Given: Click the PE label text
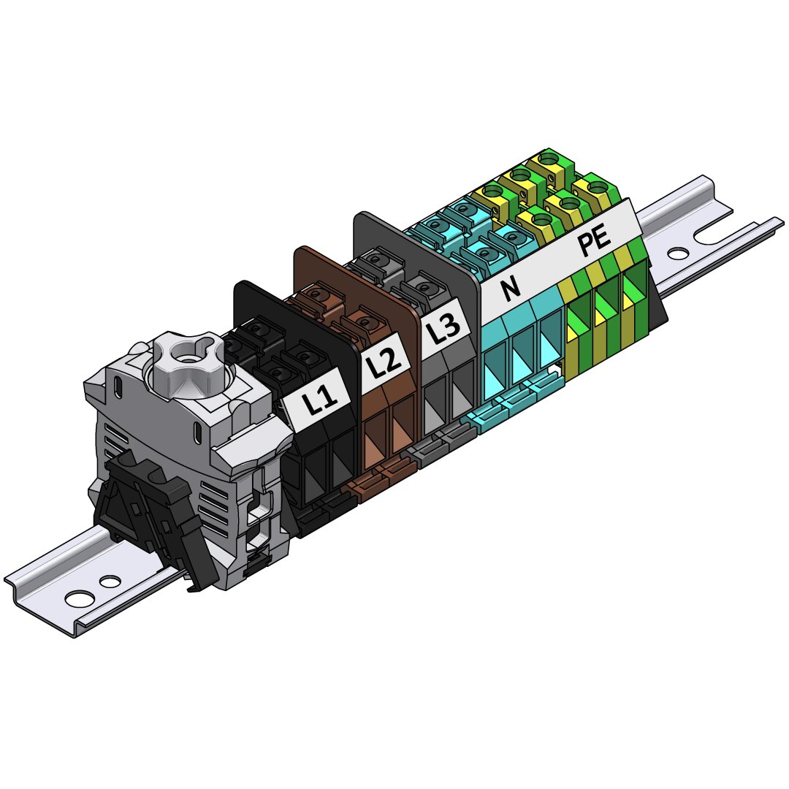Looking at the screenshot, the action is point(595,242).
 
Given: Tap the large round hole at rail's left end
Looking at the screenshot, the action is point(80,599).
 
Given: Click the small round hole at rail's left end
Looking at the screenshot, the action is point(110,582).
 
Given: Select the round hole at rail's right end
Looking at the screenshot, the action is point(678,254).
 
